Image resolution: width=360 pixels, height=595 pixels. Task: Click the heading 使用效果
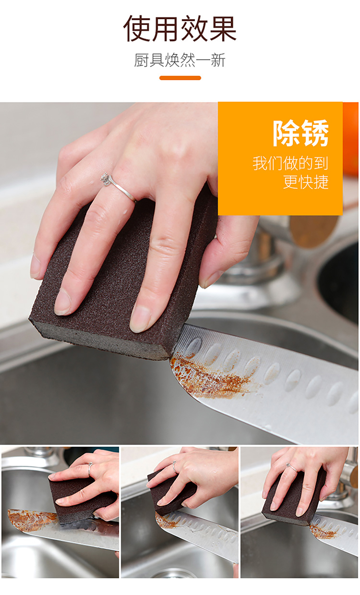pyautogui.click(x=180, y=28)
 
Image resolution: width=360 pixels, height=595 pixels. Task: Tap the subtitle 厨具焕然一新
pyautogui.click(x=180, y=60)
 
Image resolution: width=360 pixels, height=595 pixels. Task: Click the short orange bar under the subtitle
pyautogui.click(x=180, y=78)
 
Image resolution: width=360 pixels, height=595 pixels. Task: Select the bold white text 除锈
pyautogui.click(x=301, y=133)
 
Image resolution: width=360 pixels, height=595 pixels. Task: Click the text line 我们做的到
pyautogui.click(x=290, y=163)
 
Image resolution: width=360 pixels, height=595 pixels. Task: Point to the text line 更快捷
pyautogui.click(x=306, y=182)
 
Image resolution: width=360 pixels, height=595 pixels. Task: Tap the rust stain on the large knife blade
pyautogui.click(x=212, y=375)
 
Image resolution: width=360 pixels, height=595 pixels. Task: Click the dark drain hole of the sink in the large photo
pyautogui.click(x=341, y=281)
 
